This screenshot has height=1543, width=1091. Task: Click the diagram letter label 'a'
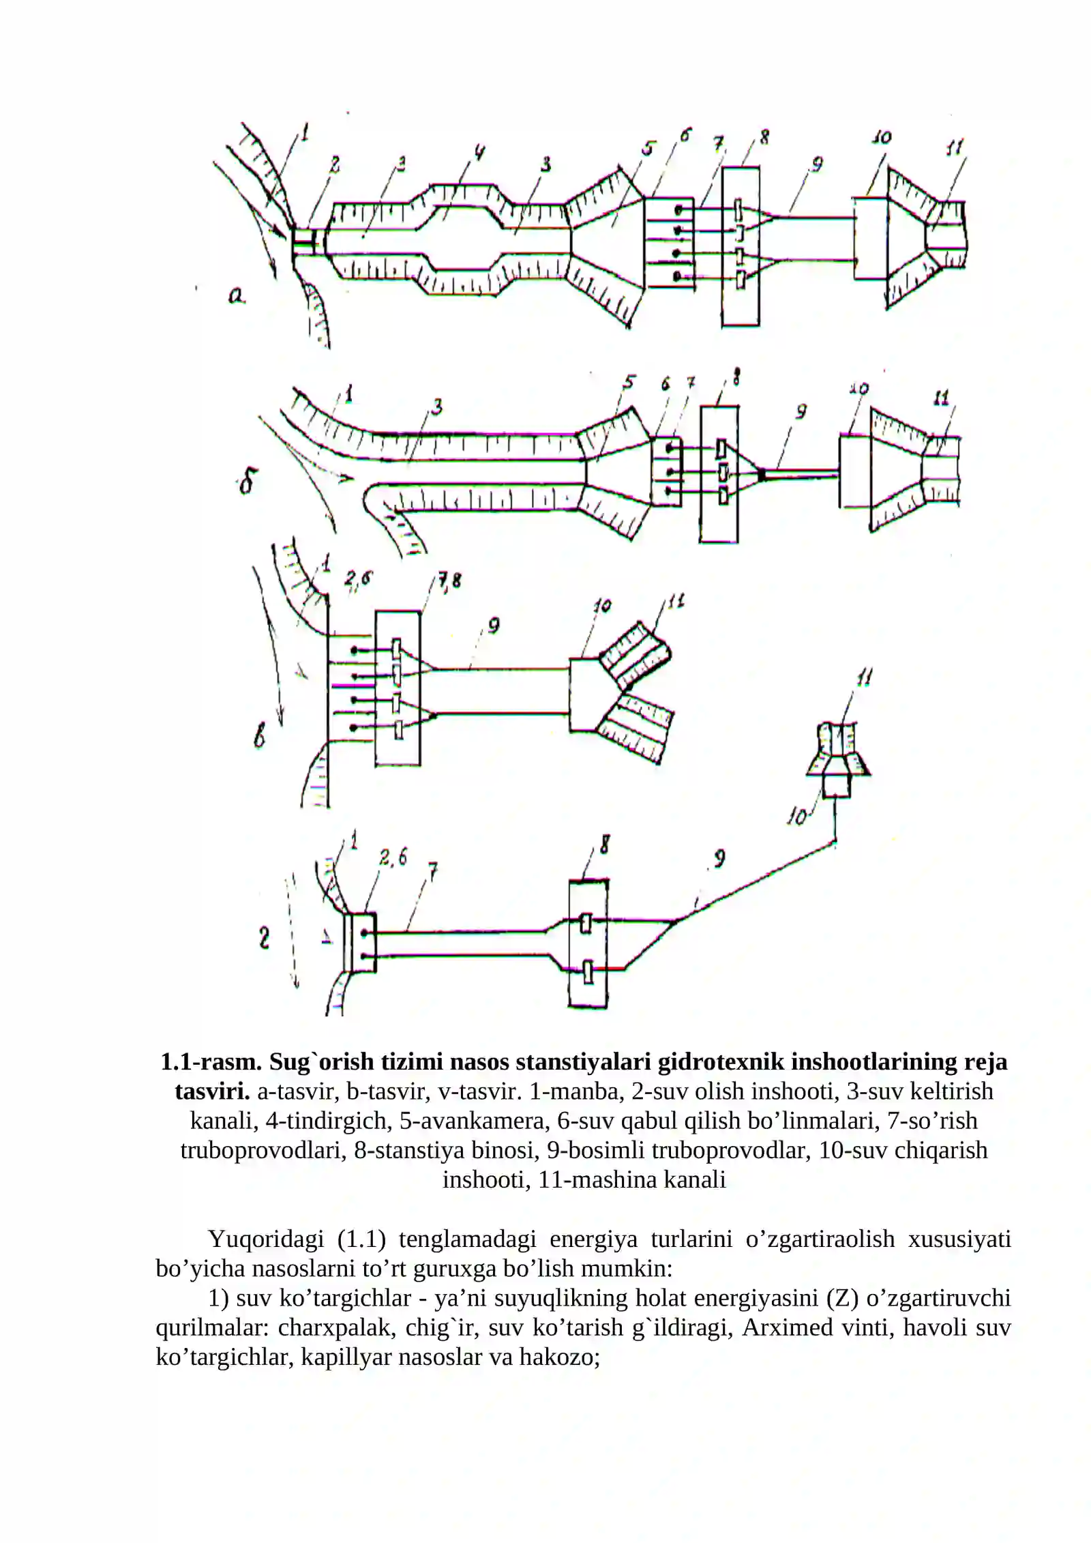pyautogui.click(x=236, y=296)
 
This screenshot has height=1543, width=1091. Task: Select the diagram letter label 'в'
pyautogui.click(x=260, y=737)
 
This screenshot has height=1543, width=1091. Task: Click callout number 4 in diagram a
pyautogui.click(x=480, y=154)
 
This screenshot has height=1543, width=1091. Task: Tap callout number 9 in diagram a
pyautogui.click(x=816, y=164)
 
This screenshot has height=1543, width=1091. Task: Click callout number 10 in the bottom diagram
pyautogui.click(x=796, y=817)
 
